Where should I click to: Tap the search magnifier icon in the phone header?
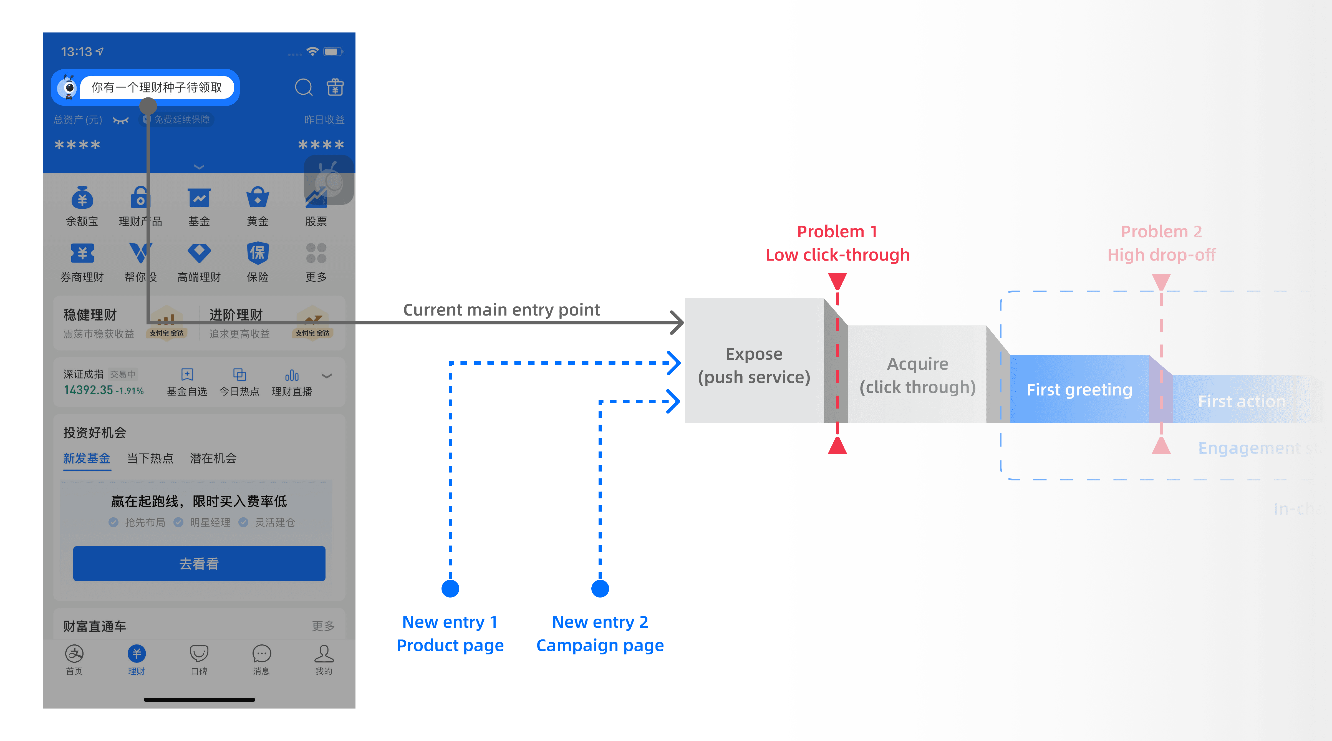click(x=304, y=87)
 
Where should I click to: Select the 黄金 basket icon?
click(x=258, y=198)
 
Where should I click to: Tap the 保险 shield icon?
click(x=258, y=253)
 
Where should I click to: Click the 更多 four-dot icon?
click(x=316, y=253)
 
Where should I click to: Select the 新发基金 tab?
click(x=87, y=458)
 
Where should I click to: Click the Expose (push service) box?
click(x=754, y=365)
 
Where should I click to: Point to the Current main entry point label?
click(x=501, y=310)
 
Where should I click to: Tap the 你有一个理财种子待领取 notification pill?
click(x=157, y=87)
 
